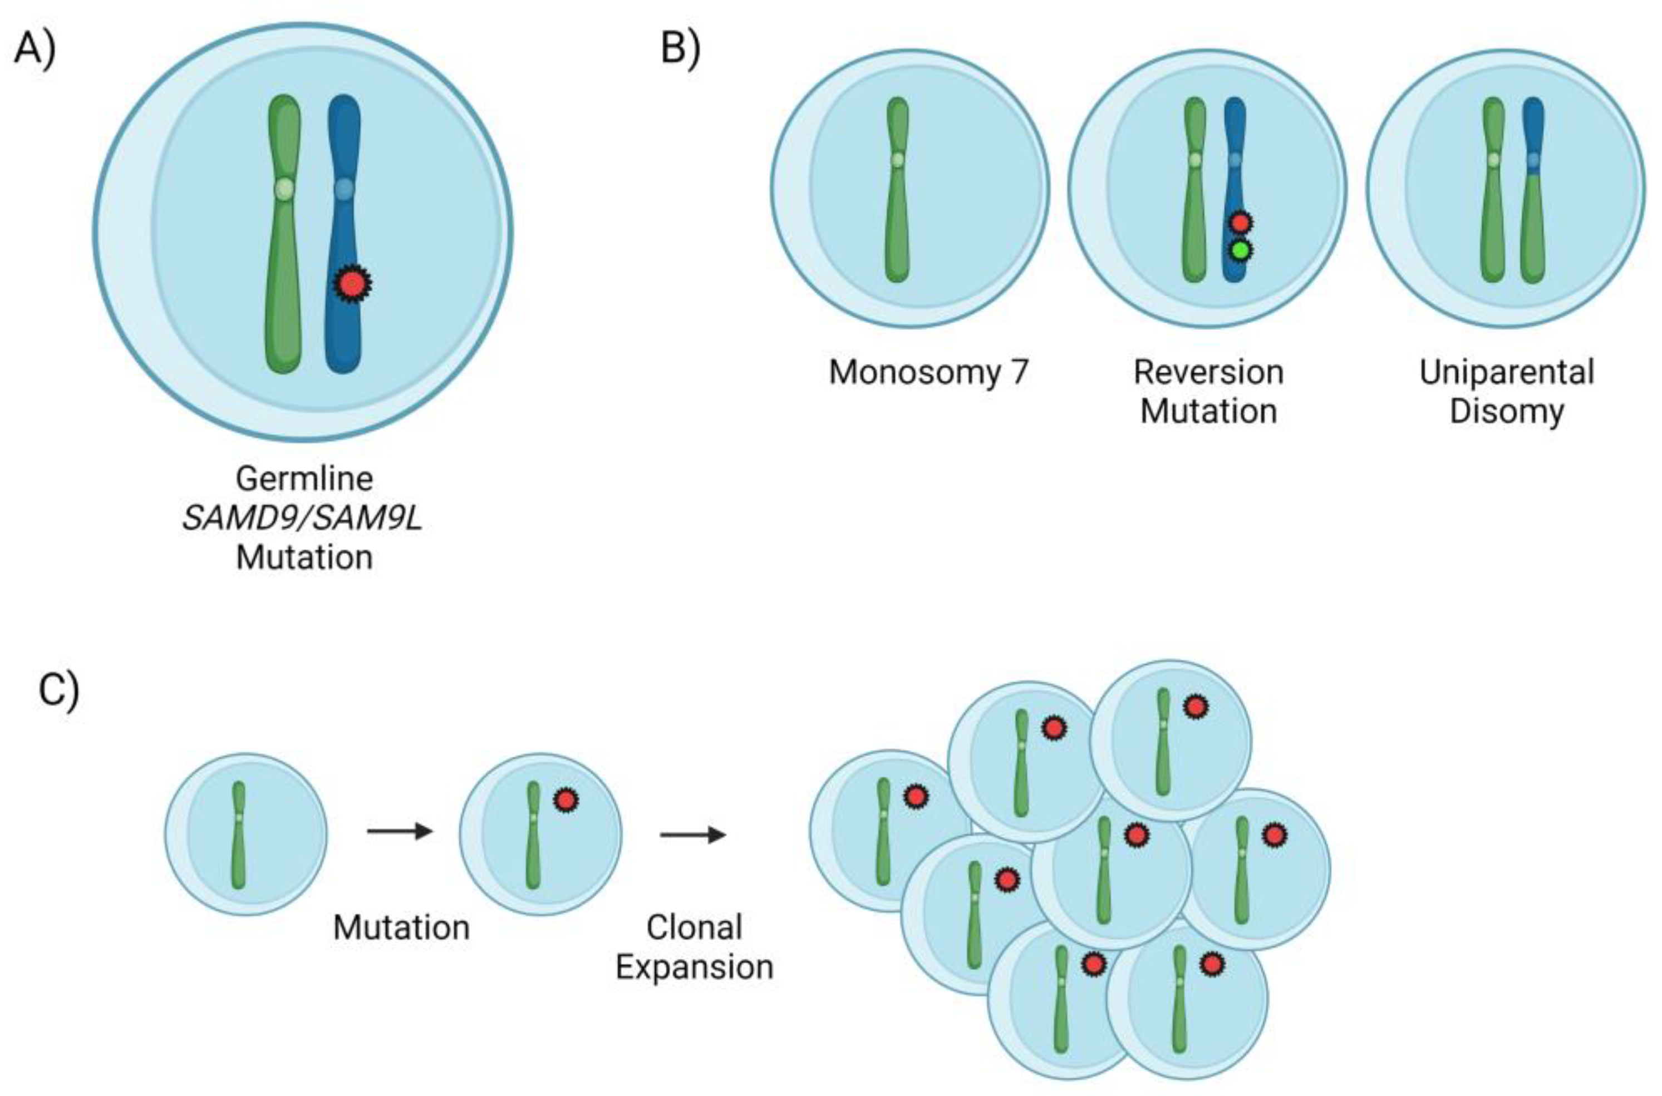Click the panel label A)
[35, 50]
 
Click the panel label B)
[680, 50]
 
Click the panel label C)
[59, 690]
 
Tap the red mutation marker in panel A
[352, 284]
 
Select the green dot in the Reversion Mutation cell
[1241, 250]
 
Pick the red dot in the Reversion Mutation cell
[1241, 223]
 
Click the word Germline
[304, 480]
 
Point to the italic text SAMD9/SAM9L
[303, 519]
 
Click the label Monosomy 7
[928, 373]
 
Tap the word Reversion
[1208, 373]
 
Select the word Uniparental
[1507, 373]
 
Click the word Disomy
[1507, 411]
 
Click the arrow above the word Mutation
[400, 831]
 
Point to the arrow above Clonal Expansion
[693, 835]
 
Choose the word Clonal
[694, 928]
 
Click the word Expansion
[694, 967]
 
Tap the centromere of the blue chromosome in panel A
[344, 189]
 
